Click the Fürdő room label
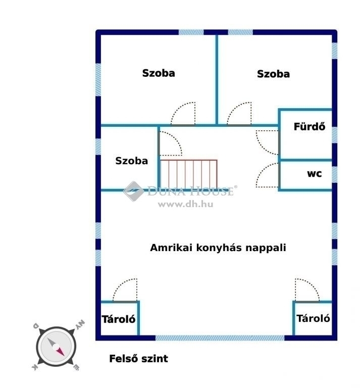pyautogui.click(x=310, y=126)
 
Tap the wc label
pyautogui.click(x=315, y=173)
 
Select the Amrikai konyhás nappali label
pyautogui.click(x=218, y=248)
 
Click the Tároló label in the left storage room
pyautogui.click(x=119, y=319)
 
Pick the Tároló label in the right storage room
pyautogui.click(x=313, y=318)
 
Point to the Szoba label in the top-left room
pyautogui.click(x=159, y=73)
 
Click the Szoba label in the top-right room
pyautogui.click(x=273, y=74)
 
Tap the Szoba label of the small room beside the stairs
pyautogui.click(x=132, y=161)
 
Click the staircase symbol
pyautogui.click(x=189, y=174)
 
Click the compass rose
pyautogui.click(x=56, y=346)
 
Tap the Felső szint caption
pyautogui.click(x=138, y=359)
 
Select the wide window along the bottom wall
pyautogui.click(x=220, y=338)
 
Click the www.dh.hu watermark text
pyautogui.click(x=185, y=205)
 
